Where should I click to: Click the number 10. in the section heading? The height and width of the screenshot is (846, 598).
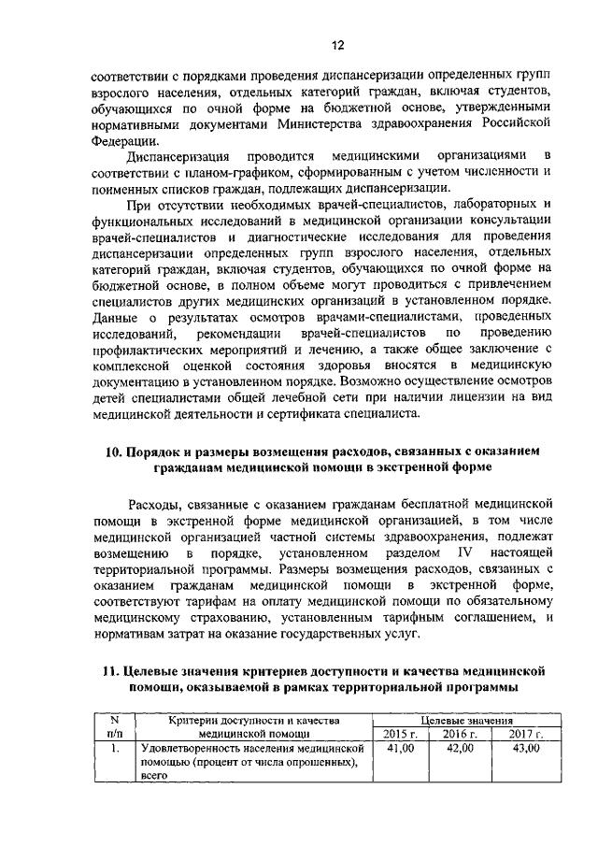coord(113,452)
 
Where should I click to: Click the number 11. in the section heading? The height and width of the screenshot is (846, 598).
coord(112,672)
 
